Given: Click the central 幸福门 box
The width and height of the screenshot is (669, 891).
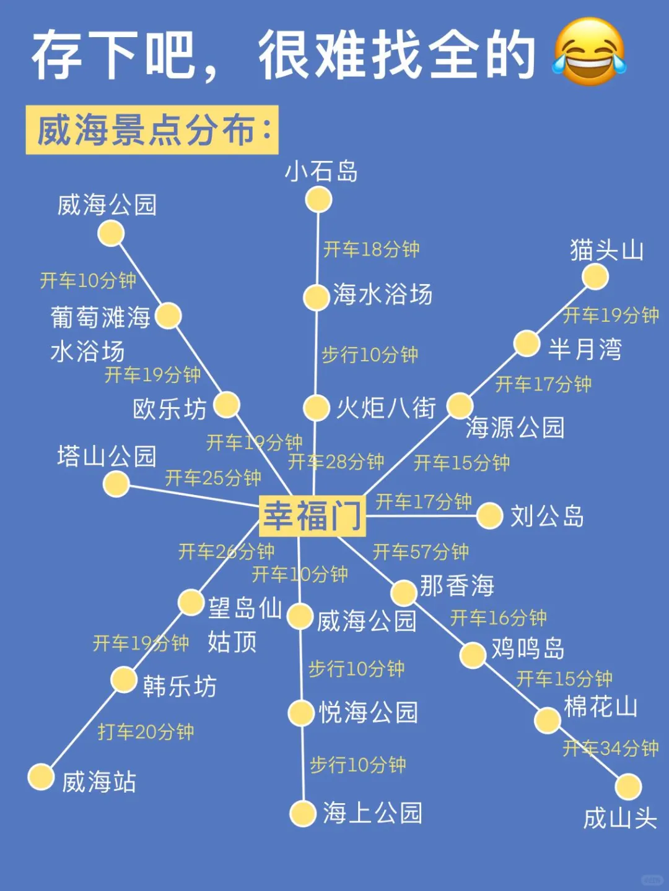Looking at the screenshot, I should tap(312, 515).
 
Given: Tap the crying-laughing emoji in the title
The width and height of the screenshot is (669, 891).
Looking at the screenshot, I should tap(589, 52).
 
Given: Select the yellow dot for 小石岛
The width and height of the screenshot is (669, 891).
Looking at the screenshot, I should tap(319, 200).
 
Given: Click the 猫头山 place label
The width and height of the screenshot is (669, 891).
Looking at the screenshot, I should tap(606, 251).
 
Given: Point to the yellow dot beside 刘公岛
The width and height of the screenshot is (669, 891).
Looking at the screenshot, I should tap(489, 515).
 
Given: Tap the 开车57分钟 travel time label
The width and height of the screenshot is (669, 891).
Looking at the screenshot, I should tap(421, 551).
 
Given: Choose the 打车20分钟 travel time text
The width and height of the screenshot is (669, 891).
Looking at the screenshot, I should tap(146, 732).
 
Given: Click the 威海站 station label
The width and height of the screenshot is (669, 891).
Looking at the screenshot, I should tap(99, 781).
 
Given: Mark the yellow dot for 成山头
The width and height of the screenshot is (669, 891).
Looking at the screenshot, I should tap(628, 787).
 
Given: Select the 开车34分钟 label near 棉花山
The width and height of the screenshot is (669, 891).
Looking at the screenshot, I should tap(610, 748).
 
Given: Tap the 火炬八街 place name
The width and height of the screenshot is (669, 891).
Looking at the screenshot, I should tap(386, 408).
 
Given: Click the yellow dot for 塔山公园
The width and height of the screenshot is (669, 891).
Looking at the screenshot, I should tap(116, 484).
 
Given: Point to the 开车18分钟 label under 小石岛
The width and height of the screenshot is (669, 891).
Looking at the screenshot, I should tap(372, 249).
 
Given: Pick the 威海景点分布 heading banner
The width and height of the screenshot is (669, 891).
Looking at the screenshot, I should tap(152, 130).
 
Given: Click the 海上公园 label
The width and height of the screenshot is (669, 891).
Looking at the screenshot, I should tap(372, 813).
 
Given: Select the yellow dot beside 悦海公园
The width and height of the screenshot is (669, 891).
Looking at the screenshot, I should tap(302, 713).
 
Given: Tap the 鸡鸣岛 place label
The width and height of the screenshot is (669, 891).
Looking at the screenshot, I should tap(528, 648).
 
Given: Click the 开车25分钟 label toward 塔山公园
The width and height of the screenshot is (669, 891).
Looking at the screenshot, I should tap(213, 478).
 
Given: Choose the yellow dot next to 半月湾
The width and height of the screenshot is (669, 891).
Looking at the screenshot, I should tap(527, 344).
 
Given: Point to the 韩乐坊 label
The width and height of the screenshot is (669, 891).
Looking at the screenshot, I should tap(180, 686).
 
